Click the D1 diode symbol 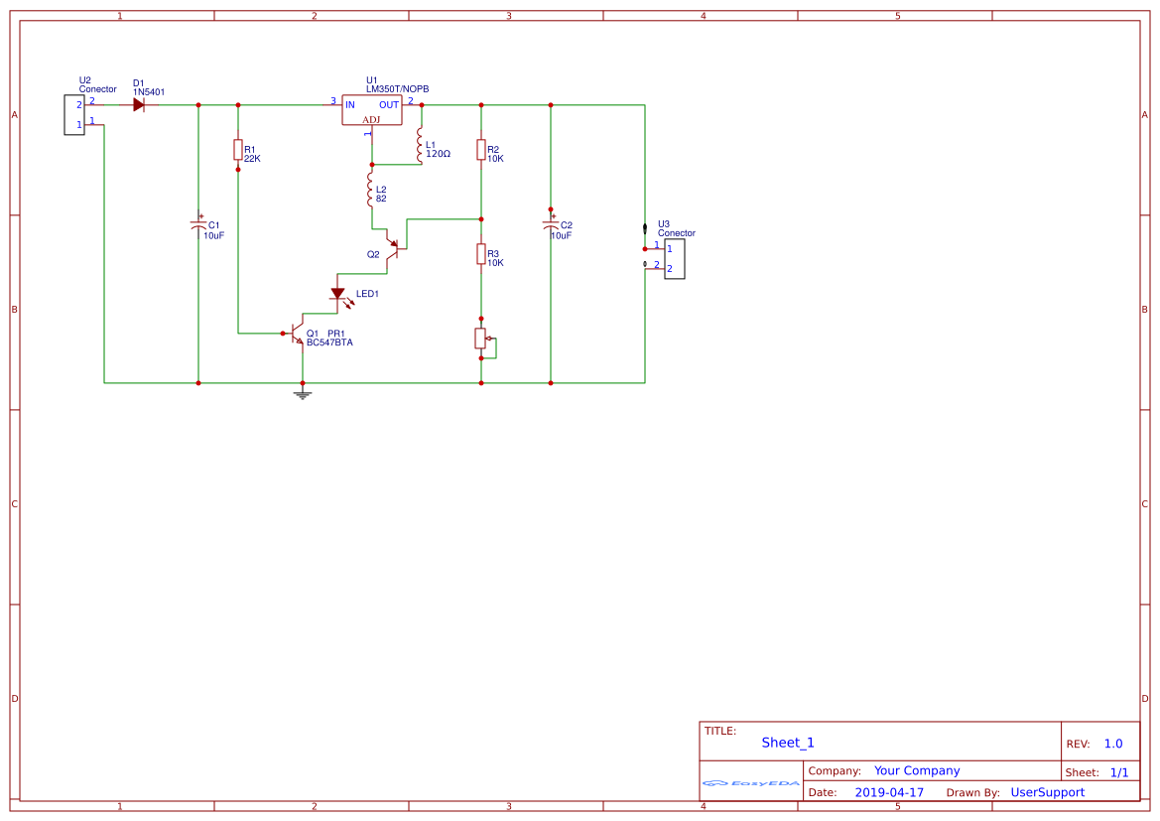point(145,104)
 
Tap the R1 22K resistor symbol point(238,150)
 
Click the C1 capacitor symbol point(198,226)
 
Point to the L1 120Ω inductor point(421,145)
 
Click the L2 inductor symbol point(371,190)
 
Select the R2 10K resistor point(481,150)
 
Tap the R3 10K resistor point(481,254)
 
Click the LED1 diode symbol point(337,294)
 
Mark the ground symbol point(303,394)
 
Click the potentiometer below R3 point(482,340)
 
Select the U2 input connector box point(74,114)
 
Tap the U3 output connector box point(674,259)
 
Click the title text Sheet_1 point(788,743)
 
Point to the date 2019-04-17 point(888,792)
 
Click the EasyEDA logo point(751,783)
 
